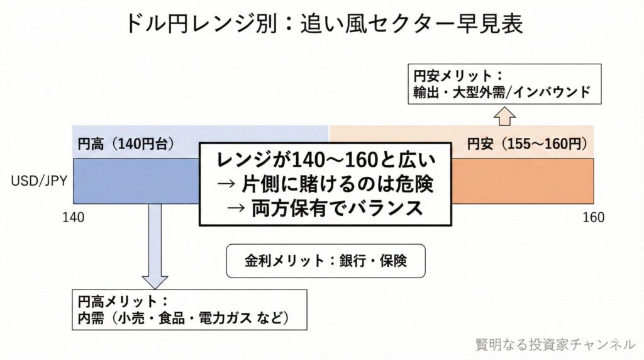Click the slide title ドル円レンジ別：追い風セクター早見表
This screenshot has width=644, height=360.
(321, 25)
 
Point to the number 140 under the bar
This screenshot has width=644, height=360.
(74, 218)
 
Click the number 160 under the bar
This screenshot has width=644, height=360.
(594, 218)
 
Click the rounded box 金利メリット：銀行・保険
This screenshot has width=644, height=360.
(326, 261)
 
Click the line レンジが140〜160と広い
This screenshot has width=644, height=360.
(326, 159)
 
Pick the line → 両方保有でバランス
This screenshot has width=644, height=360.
(326, 208)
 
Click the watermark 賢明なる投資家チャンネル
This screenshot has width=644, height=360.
(555, 344)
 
